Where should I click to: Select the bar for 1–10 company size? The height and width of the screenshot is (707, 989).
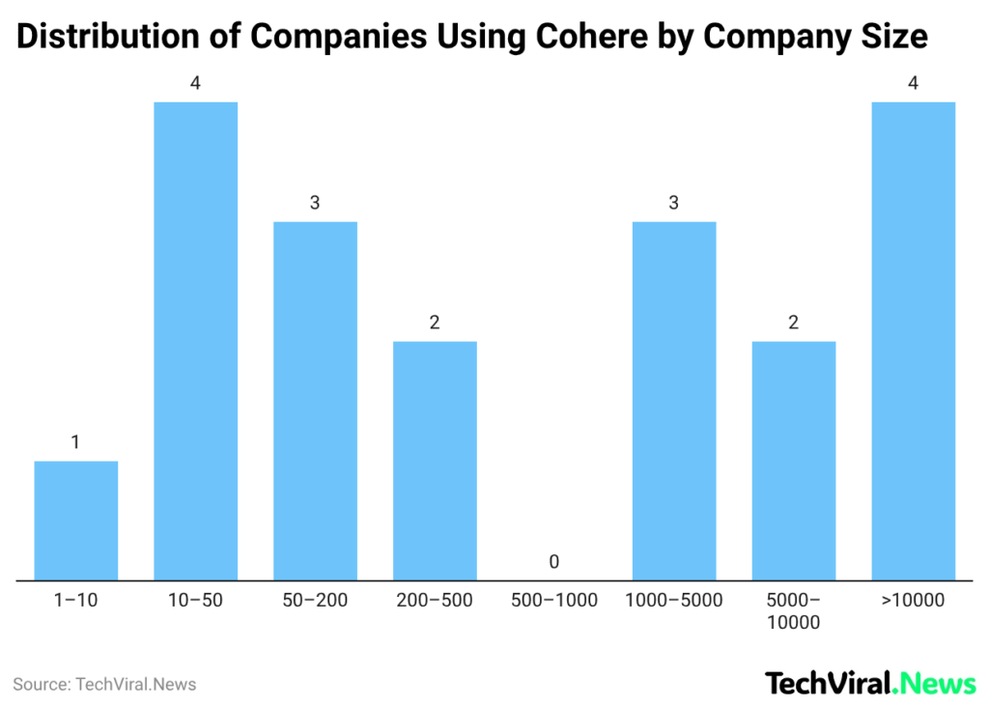(76, 522)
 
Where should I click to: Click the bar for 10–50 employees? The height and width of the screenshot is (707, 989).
(196, 341)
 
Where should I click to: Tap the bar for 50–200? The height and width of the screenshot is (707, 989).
(315, 401)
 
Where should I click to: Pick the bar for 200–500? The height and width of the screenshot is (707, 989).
(435, 461)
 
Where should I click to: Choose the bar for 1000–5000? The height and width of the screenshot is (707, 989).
(674, 401)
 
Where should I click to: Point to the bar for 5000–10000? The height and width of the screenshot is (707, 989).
(794, 461)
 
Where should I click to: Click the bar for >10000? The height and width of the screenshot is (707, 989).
(914, 341)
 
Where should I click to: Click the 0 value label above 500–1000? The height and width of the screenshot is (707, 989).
(554, 561)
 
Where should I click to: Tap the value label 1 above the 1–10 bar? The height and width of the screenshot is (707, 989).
(76, 442)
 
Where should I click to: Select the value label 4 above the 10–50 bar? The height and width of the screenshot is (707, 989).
(196, 83)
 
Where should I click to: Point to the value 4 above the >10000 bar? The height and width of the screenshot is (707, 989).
(914, 83)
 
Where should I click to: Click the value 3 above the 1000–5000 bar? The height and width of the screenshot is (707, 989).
(674, 203)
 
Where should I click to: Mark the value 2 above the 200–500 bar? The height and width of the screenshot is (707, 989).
(435, 323)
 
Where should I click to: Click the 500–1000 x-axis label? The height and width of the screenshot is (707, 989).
(554, 601)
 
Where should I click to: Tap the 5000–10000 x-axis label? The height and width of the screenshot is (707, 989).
(794, 611)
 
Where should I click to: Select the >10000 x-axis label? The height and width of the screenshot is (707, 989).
(914, 601)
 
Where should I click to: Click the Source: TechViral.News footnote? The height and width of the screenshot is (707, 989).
(104, 685)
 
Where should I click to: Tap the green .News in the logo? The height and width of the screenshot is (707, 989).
(935, 684)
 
